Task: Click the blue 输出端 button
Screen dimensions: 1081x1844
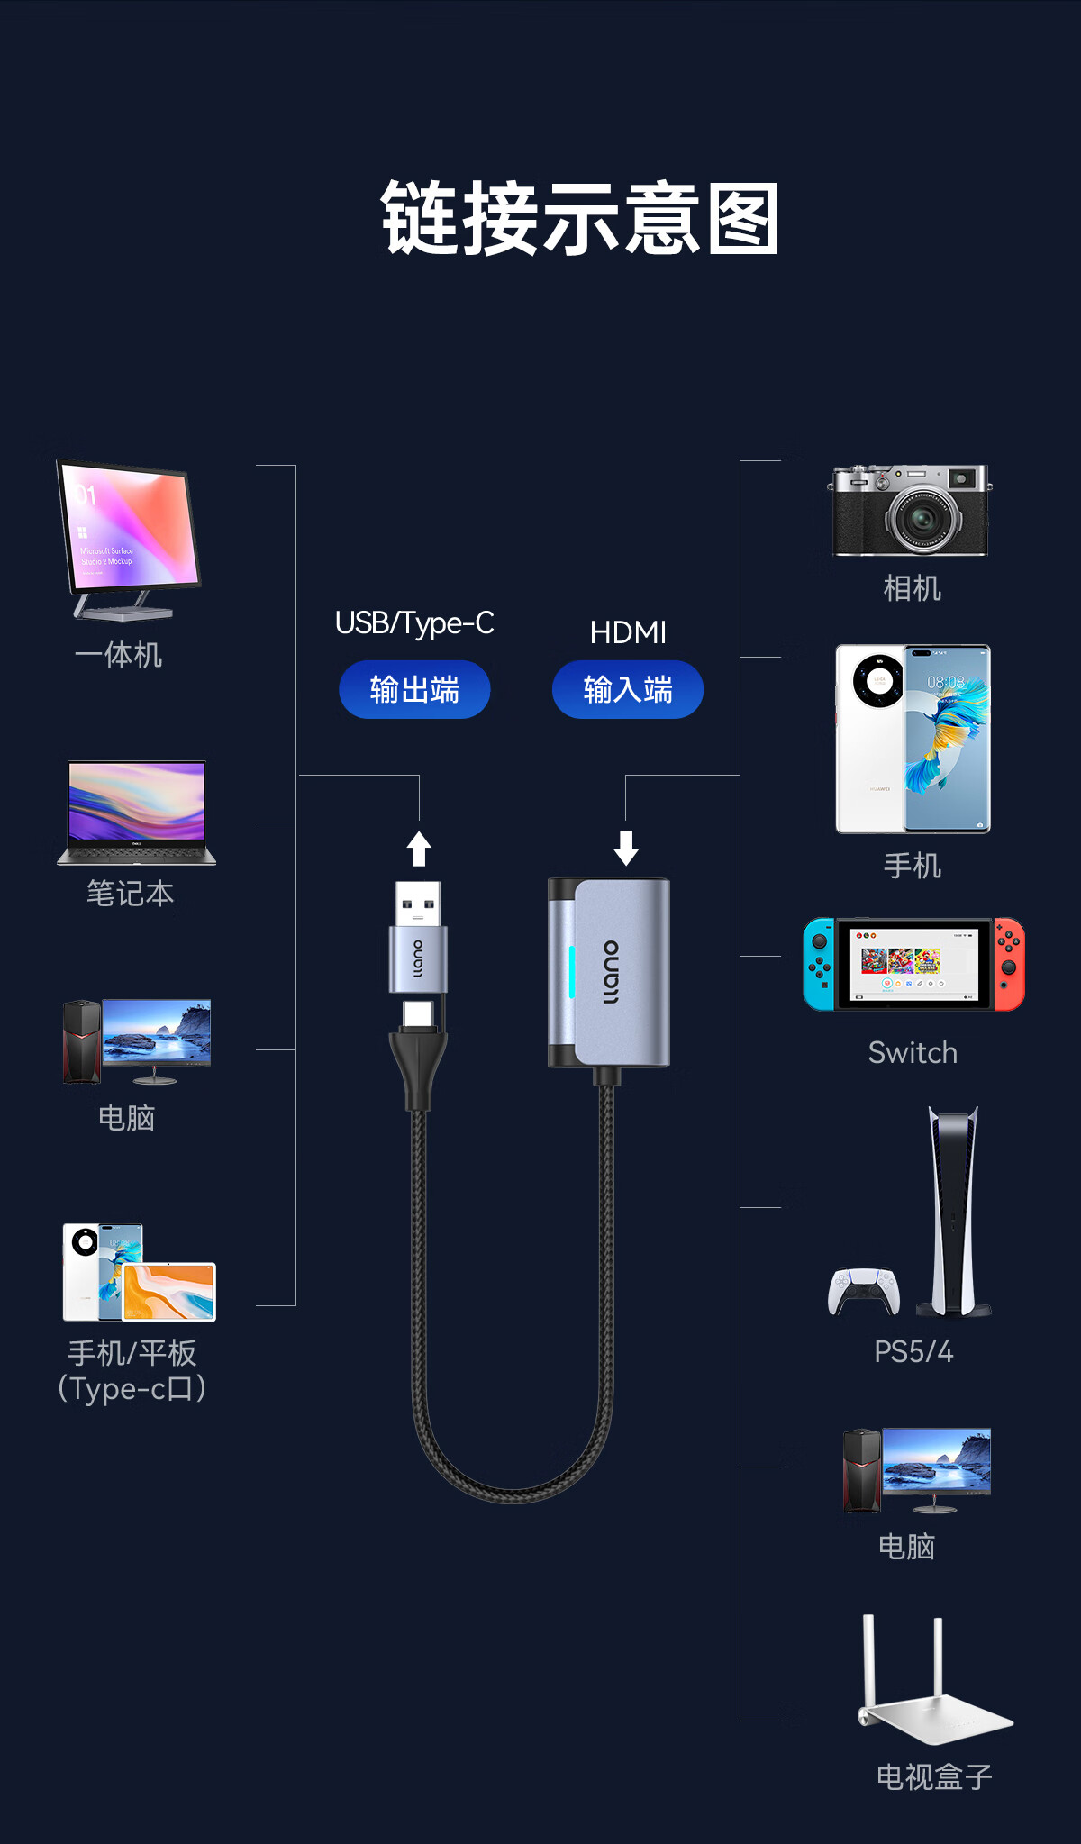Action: (x=414, y=690)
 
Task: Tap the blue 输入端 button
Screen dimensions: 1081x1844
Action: (x=628, y=690)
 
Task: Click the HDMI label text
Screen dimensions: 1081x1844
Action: (x=628, y=633)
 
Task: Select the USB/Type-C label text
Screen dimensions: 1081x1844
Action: (x=414, y=623)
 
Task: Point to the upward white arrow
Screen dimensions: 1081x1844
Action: (x=419, y=848)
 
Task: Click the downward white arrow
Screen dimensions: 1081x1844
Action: (x=626, y=848)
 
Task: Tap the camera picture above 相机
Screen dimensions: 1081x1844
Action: (x=910, y=510)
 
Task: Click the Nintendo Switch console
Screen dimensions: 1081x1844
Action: (x=913, y=964)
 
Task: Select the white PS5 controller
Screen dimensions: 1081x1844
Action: (x=864, y=1291)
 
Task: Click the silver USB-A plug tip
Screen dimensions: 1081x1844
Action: (x=418, y=903)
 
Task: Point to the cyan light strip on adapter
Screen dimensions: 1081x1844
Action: (x=571, y=973)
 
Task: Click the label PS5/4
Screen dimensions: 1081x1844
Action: (x=913, y=1352)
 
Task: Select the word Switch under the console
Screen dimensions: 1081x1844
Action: (x=913, y=1053)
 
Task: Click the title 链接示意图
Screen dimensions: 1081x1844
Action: (x=580, y=219)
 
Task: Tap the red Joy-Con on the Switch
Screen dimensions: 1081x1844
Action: (x=1009, y=964)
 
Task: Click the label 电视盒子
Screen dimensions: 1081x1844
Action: (x=934, y=1777)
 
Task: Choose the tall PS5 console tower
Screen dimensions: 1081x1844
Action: (x=954, y=1212)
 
